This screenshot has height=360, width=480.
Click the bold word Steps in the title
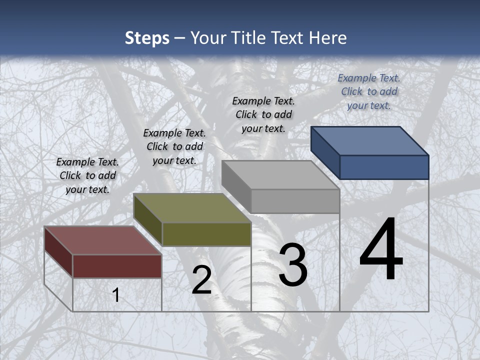coord(147,38)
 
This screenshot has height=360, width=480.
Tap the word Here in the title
coord(328,38)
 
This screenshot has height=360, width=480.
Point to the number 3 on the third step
coord(293,265)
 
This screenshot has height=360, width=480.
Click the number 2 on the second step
coord(201,280)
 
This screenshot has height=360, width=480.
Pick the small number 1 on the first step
coord(116,295)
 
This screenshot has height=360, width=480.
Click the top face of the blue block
coord(369,140)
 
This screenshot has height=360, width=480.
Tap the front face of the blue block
coord(384,167)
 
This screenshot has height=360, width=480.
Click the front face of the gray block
coord(295,201)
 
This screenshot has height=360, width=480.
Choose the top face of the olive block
coord(192,208)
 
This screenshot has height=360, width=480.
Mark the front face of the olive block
coord(206,234)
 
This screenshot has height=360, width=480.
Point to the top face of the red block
coord(102,240)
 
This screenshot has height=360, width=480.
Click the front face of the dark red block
coord(117,266)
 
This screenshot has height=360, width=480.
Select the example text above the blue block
coord(369,91)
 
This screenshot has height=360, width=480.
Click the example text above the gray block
coord(263,114)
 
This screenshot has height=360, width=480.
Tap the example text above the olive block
coord(174,146)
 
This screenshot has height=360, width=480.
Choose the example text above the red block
coord(87,175)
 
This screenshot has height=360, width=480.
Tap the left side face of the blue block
coord(325,152)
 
